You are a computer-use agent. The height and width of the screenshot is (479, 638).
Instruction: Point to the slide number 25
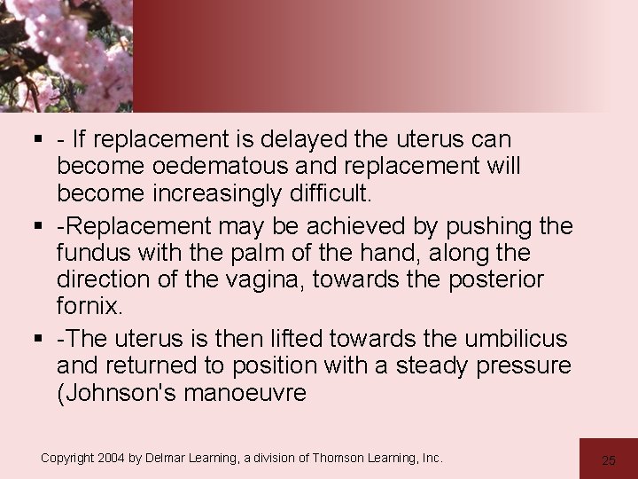608,459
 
